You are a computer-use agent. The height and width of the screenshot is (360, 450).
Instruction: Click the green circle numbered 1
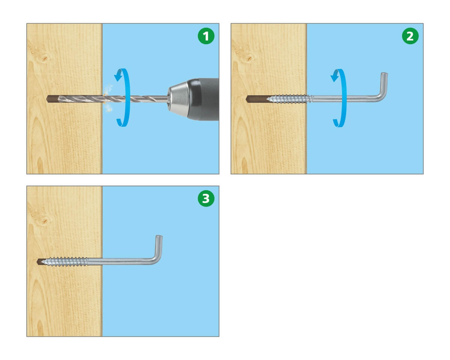tap(206, 36)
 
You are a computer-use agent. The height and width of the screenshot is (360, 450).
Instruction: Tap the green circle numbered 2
tap(410, 36)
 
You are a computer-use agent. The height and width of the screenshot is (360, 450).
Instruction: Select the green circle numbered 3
tap(206, 198)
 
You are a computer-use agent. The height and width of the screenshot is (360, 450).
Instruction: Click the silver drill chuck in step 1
tap(178, 99)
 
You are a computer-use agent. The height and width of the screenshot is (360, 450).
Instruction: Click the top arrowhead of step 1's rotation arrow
tap(118, 75)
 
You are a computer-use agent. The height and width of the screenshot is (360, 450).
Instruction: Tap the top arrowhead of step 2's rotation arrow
tap(335, 76)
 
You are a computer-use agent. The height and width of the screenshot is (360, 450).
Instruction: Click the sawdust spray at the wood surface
tap(108, 98)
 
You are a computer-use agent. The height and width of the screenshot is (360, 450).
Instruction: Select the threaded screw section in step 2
tap(289, 99)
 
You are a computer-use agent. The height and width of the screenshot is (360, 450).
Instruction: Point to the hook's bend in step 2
tap(381, 96)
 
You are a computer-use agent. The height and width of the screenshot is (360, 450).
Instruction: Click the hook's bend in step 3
tap(156, 259)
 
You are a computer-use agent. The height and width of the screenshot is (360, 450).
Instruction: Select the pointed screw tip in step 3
tap(42, 262)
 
